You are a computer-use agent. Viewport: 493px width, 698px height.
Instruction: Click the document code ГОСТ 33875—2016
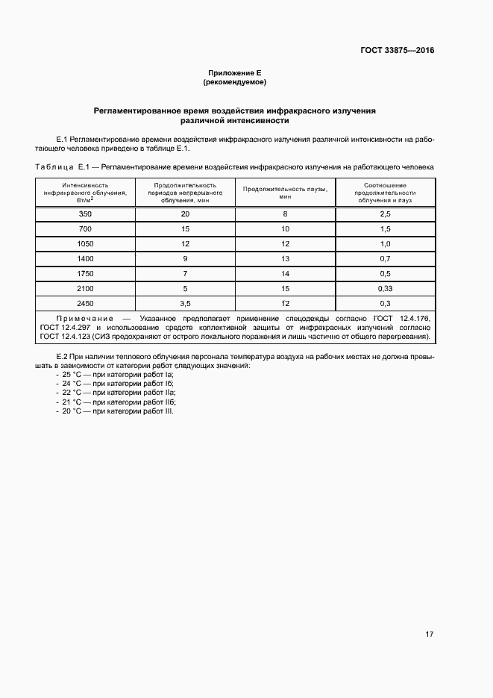(x=398, y=51)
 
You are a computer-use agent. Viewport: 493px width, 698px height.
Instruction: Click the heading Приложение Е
(x=234, y=72)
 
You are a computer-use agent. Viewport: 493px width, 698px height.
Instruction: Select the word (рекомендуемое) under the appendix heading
(x=234, y=81)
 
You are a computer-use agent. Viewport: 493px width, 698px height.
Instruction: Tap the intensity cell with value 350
(x=84, y=214)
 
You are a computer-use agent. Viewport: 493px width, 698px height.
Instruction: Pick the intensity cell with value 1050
(x=84, y=243)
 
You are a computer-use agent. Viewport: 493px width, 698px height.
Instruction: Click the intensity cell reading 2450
(x=84, y=303)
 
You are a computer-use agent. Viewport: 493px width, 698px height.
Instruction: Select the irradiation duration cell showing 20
(x=185, y=214)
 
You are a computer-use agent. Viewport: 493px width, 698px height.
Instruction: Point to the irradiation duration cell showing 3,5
(x=185, y=303)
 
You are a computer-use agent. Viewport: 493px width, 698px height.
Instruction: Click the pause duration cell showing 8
(x=285, y=214)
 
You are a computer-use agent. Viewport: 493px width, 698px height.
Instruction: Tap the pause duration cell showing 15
(x=285, y=288)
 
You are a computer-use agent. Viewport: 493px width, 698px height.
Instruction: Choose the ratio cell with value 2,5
(x=385, y=214)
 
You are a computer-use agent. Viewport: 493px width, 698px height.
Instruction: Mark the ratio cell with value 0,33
(x=385, y=288)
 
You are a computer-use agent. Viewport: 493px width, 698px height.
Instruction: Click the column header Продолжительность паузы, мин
(x=285, y=193)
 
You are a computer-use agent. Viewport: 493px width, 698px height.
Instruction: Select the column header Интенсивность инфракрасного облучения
(x=84, y=193)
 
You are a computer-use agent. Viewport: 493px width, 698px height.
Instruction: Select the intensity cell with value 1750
(x=84, y=273)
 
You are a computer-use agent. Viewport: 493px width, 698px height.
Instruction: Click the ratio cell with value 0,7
(x=385, y=258)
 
